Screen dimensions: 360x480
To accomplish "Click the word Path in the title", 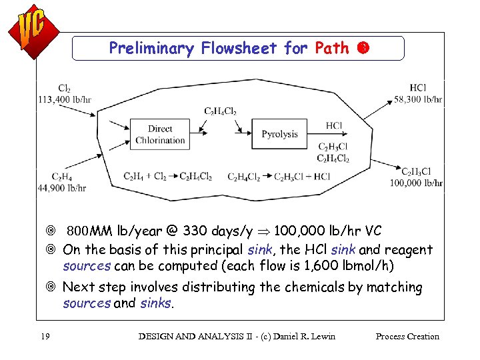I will point(331,48).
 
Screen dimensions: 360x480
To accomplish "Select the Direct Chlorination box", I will point(160,134).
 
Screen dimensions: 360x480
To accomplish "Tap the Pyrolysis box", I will point(279,134).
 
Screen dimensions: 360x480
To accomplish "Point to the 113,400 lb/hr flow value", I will point(65,100).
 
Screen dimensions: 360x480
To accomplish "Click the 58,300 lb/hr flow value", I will point(419,99).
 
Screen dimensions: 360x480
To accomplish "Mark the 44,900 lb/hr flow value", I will point(61,188).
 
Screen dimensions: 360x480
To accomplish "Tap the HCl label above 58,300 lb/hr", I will point(419,88).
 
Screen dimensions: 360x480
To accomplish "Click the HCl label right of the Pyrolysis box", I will point(334,125).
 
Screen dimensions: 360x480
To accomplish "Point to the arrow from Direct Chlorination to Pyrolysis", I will point(220,134).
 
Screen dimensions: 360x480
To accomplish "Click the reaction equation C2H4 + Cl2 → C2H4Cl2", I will point(167,177).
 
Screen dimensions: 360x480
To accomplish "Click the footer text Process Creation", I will point(407,336).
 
